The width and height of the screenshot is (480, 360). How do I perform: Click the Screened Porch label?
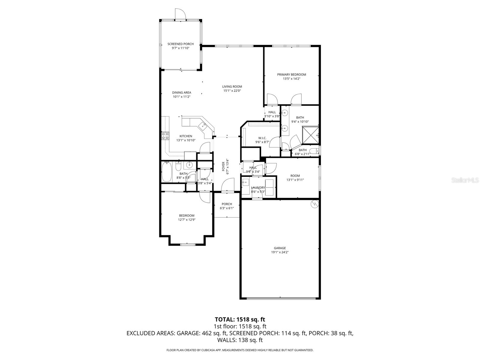tap(180, 44)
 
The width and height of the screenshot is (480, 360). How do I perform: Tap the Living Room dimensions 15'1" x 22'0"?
tap(232, 91)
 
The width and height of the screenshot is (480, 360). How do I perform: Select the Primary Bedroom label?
tap(291, 75)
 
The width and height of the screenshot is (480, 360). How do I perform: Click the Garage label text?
tap(280, 248)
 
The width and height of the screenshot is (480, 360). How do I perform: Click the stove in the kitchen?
tap(165, 136)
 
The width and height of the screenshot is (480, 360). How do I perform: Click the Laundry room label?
tap(258, 188)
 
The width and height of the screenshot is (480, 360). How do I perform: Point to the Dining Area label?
tap(181, 93)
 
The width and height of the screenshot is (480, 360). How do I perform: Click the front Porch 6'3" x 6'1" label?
tap(227, 204)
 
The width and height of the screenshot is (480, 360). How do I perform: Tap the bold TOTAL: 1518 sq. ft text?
tap(240, 319)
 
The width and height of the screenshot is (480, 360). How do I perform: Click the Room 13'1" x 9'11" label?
tap(295, 176)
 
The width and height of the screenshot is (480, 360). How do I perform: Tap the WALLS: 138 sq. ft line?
tap(240, 340)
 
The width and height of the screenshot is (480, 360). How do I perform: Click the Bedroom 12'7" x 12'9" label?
tap(187, 216)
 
